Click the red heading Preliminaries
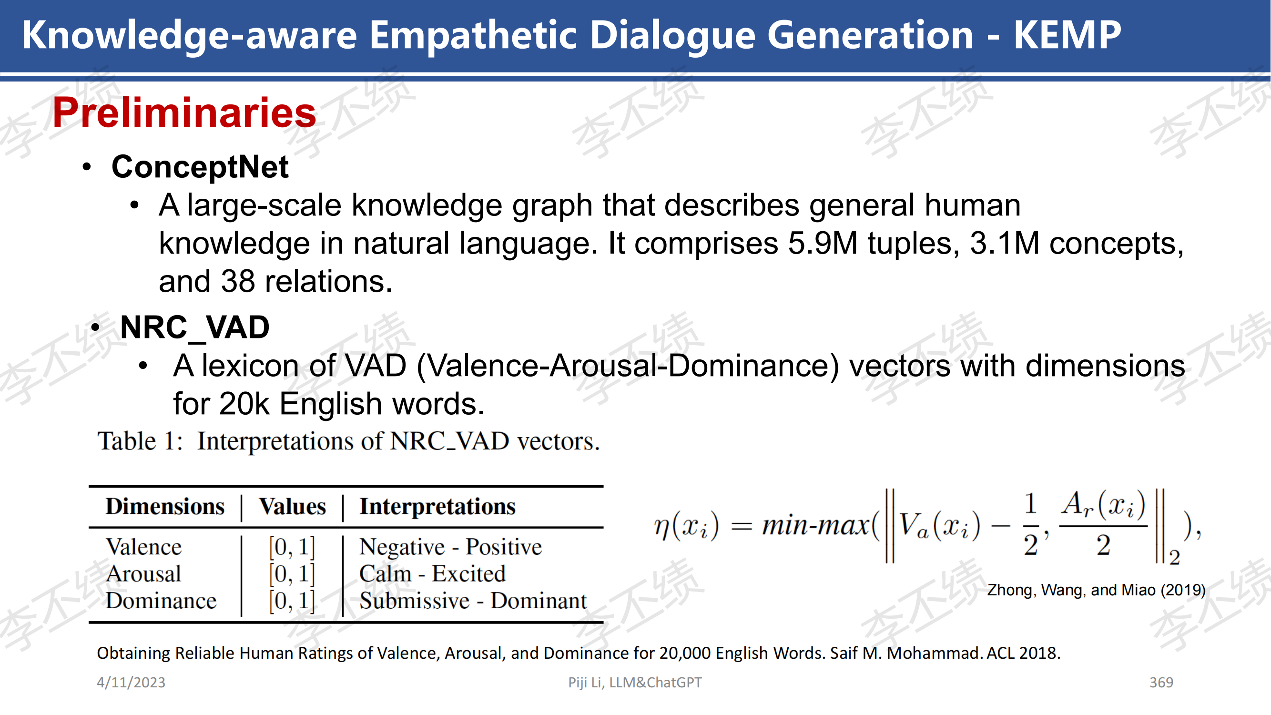[x=184, y=113]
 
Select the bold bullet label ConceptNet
[x=200, y=167]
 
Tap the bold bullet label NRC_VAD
[x=195, y=327]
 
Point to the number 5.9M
[x=823, y=243]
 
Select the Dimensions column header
[x=165, y=507]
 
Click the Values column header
[x=293, y=507]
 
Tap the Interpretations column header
[x=437, y=507]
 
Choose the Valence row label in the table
[x=143, y=547]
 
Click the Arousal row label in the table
[x=143, y=574]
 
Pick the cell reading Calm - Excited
[x=432, y=574]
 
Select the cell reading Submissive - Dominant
[x=473, y=601]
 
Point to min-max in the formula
[x=815, y=525]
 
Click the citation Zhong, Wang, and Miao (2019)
[x=1096, y=590]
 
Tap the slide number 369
[x=1161, y=683]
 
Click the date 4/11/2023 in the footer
[x=131, y=683]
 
